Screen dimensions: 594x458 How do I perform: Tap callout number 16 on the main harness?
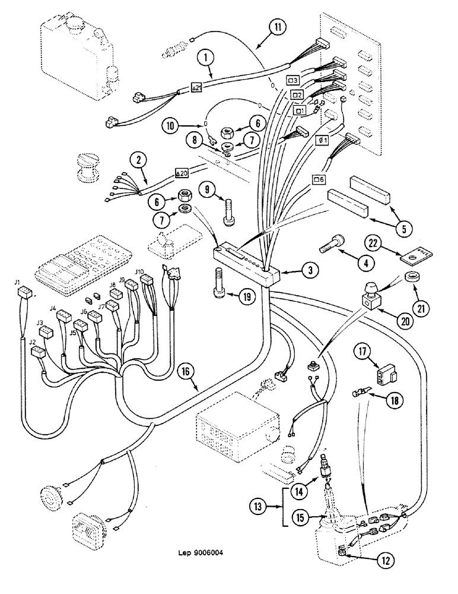click(x=184, y=373)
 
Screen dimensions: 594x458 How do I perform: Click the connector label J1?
click(x=17, y=282)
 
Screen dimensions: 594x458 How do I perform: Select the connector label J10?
click(x=139, y=272)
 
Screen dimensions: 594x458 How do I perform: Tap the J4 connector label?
click(x=52, y=308)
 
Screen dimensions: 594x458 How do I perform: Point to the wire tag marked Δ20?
click(x=182, y=174)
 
